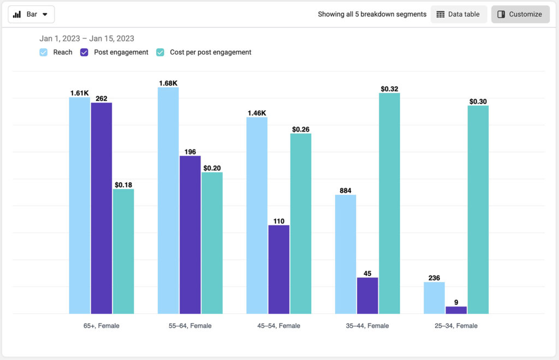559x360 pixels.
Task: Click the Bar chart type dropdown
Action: coord(31,14)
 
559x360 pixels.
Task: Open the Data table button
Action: coord(459,14)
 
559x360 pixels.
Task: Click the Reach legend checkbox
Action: coord(44,52)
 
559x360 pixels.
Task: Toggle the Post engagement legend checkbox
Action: coord(84,52)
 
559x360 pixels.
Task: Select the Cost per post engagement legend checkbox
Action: coord(160,52)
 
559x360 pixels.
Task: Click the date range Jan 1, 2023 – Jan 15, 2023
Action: coord(87,39)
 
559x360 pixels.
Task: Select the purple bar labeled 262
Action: coord(102,208)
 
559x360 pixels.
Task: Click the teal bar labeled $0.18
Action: coord(123,251)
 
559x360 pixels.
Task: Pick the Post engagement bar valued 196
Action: coord(190,235)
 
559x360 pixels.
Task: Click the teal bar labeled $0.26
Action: coord(301,224)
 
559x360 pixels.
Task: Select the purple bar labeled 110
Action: coord(279,269)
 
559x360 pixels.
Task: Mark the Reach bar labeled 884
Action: coord(346,254)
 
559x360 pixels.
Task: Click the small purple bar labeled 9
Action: coord(456,310)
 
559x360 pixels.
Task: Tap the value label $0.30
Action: coord(478,101)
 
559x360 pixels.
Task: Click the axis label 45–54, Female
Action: coord(278,326)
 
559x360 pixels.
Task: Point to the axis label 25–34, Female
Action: coord(456,326)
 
